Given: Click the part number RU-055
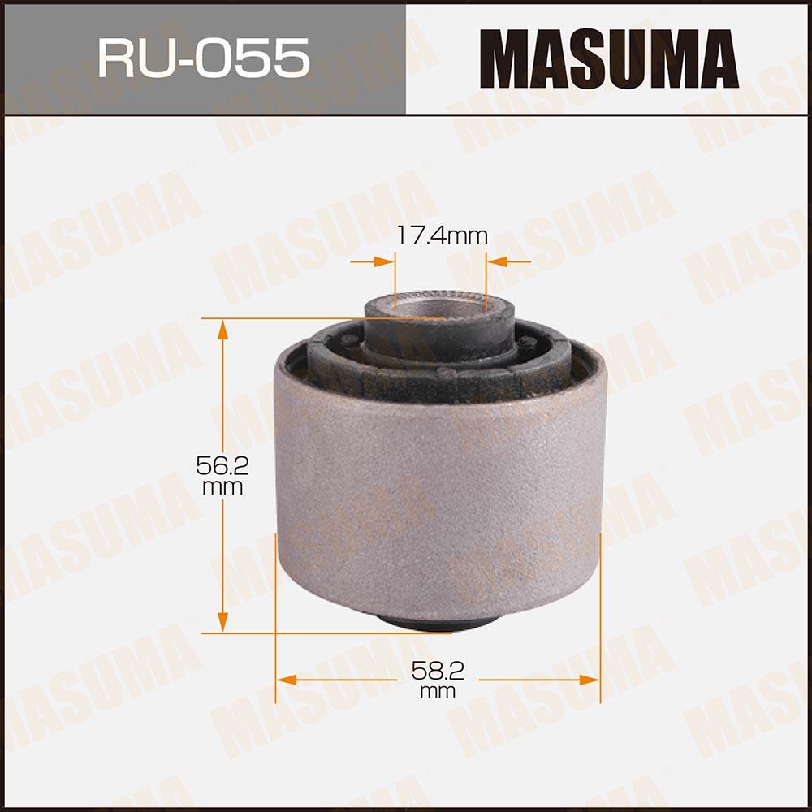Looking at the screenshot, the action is point(204,58).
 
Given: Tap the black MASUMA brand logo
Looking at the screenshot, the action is point(609,58).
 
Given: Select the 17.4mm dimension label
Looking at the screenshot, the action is point(442,235).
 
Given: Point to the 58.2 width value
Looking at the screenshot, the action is point(438,671).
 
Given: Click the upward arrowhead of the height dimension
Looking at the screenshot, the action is point(222,329).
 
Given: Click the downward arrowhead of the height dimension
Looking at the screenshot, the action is point(222,622).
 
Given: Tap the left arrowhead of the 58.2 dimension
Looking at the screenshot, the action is point(287,680).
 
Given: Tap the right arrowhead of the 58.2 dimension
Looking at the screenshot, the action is point(590,680).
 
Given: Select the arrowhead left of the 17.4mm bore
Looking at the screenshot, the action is point(384,262).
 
